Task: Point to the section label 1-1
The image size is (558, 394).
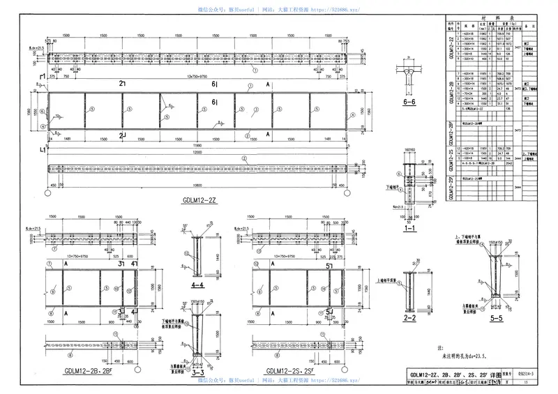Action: [410, 229]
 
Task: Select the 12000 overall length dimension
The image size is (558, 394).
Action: [198, 151]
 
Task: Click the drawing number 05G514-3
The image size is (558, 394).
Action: [535, 374]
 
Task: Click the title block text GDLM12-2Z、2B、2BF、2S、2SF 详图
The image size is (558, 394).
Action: [453, 374]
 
